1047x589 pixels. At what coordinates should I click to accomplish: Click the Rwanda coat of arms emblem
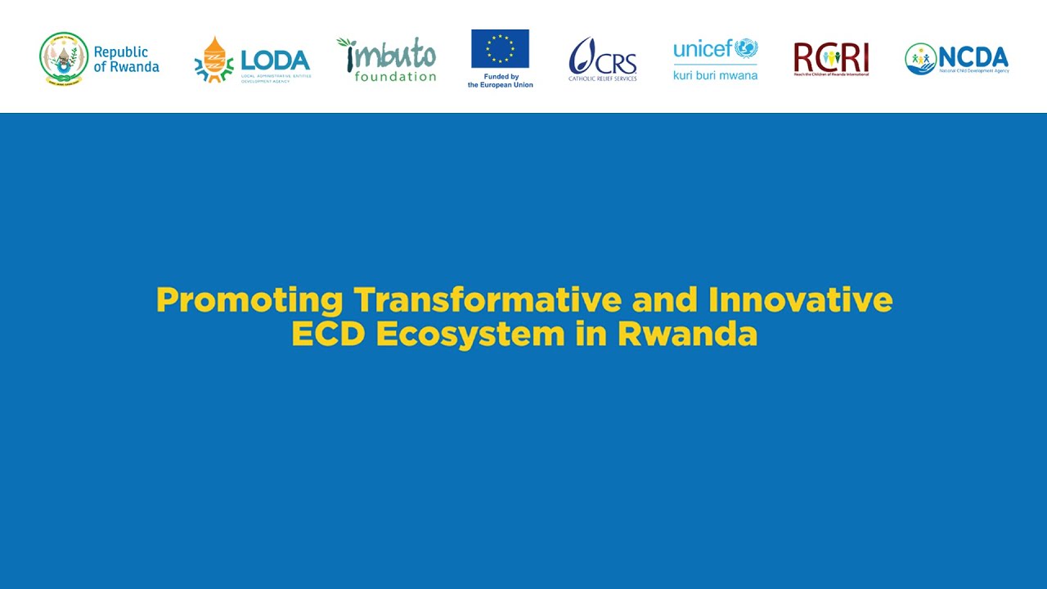(64, 58)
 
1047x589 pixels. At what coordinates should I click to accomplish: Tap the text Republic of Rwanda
(126, 59)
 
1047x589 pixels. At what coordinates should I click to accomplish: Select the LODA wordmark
(276, 61)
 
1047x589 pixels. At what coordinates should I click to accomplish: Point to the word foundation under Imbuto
(395, 77)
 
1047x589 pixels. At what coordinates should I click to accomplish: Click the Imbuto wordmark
(387, 55)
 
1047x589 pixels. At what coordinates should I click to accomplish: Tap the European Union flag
(500, 48)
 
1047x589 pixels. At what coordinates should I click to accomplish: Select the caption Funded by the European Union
(501, 81)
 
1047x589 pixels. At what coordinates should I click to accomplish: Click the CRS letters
(615, 61)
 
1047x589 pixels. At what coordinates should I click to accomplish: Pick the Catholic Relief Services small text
(603, 79)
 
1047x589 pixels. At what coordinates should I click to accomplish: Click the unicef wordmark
(703, 49)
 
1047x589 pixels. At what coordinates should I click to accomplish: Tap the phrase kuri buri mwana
(715, 75)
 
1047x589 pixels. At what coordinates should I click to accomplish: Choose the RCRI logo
(830, 59)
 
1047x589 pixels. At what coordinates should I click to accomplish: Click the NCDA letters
(973, 57)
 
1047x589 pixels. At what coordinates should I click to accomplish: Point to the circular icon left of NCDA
(920, 59)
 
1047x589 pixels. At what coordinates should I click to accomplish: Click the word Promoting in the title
(249, 300)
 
